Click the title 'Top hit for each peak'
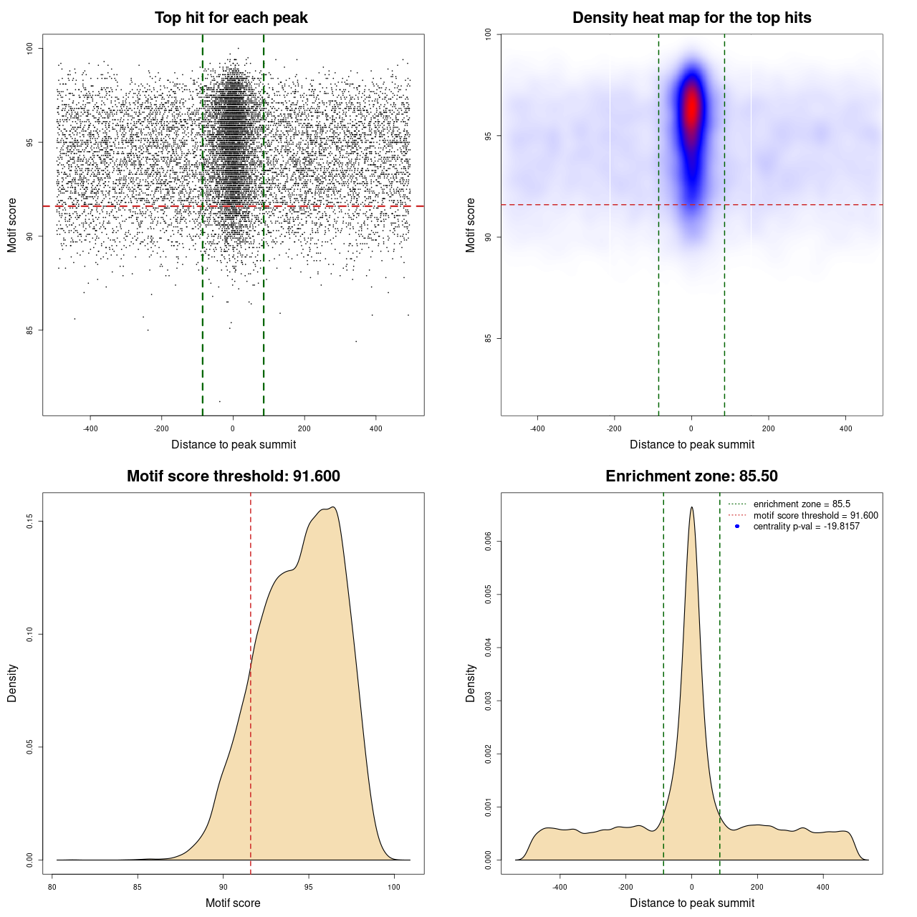click(x=231, y=18)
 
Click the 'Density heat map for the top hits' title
click(x=691, y=18)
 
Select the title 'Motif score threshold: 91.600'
click(x=233, y=476)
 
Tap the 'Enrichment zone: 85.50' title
click(x=691, y=476)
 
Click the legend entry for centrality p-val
click(x=806, y=527)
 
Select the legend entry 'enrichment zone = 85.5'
click(x=802, y=504)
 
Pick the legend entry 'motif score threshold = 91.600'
click(x=815, y=516)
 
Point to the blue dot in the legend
click(x=737, y=527)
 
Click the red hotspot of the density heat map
click(x=691, y=107)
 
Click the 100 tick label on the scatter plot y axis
click(x=30, y=48)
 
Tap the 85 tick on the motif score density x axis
click(x=138, y=887)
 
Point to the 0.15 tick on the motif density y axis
click(x=30, y=522)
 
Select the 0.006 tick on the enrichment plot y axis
click(x=489, y=542)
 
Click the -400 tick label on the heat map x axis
click(x=537, y=428)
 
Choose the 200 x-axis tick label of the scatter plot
click(x=304, y=428)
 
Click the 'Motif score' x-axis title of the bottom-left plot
click(x=233, y=903)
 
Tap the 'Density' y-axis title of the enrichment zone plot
click(x=471, y=683)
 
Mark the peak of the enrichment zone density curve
click(x=691, y=508)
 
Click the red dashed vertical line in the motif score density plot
click(x=251, y=681)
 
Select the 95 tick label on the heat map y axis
click(x=489, y=135)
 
